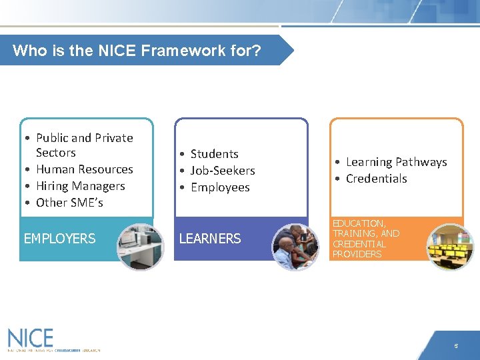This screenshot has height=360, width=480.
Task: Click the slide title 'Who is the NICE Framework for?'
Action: (137, 51)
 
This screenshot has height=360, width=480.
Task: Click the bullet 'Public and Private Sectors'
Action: (84, 145)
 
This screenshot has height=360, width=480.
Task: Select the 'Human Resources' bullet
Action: (84, 169)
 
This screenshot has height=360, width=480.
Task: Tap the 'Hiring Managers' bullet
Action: (80, 186)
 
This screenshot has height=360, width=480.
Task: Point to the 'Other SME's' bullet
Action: (69, 203)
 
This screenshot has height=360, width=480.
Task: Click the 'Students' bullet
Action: (214, 154)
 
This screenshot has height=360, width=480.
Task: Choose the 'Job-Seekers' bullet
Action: (223, 171)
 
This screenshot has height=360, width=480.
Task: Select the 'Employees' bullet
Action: (220, 187)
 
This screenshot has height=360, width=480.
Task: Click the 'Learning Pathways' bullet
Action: (396, 162)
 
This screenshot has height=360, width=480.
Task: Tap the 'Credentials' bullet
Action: (376, 179)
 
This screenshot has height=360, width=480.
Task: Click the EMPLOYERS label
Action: (59, 239)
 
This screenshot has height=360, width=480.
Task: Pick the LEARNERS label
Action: (209, 239)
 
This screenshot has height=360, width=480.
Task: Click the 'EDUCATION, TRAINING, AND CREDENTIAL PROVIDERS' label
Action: (366, 239)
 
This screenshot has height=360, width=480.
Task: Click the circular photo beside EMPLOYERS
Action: (140, 246)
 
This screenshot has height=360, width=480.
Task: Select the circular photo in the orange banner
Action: (450, 246)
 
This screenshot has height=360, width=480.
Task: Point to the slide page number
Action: (456, 346)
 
